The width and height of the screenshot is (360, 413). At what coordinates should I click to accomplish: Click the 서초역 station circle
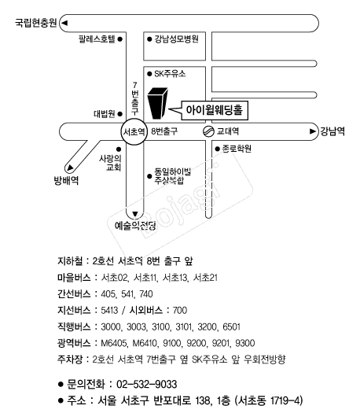click(134, 131)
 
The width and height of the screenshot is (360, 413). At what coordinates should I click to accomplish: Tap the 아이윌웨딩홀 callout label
click(215, 110)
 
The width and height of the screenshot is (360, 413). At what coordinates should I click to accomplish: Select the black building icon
click(158, 103)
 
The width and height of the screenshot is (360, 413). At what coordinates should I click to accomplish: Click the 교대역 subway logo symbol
click(208, 131)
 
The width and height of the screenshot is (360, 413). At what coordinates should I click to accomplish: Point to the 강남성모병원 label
click(176, 39)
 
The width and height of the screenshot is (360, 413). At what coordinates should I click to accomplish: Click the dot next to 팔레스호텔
click(120, 39)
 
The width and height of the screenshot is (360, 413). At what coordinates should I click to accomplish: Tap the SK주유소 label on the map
click(170, 73)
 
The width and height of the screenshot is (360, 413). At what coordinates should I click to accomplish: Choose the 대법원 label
click(105, 114)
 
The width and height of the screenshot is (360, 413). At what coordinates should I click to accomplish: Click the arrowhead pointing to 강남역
click(312, 131)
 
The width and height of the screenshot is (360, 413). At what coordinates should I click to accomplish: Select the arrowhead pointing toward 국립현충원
click(64, 23)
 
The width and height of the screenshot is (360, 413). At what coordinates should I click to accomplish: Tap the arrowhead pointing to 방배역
click(70, 168)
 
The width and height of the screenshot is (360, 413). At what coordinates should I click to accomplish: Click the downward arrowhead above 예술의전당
click(135, 214)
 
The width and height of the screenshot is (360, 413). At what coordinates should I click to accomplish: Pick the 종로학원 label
click(237, 149)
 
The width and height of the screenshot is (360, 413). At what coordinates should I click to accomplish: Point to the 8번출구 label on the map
click(164, 131)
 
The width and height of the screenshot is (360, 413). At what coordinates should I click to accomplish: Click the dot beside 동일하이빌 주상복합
click(149, 176)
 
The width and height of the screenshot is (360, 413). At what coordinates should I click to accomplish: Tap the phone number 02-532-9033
click(146, 384)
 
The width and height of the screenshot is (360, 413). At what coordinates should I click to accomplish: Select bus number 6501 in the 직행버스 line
click(232, 327)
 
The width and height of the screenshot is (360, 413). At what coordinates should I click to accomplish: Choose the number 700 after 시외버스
click(180, 310)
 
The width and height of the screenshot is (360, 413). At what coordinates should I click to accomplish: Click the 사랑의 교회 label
click(110, 163)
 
